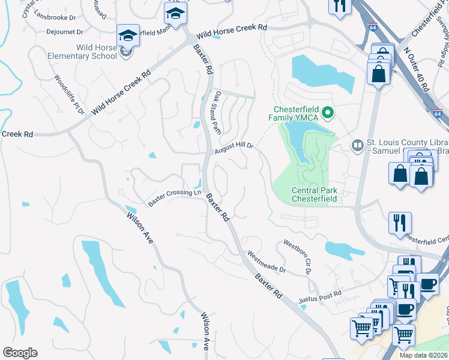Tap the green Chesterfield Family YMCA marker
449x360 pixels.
(328, 112)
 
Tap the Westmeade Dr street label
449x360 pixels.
(267, 261)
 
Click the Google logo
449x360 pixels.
(20, 352)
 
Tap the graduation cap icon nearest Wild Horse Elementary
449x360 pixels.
(128, 37)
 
